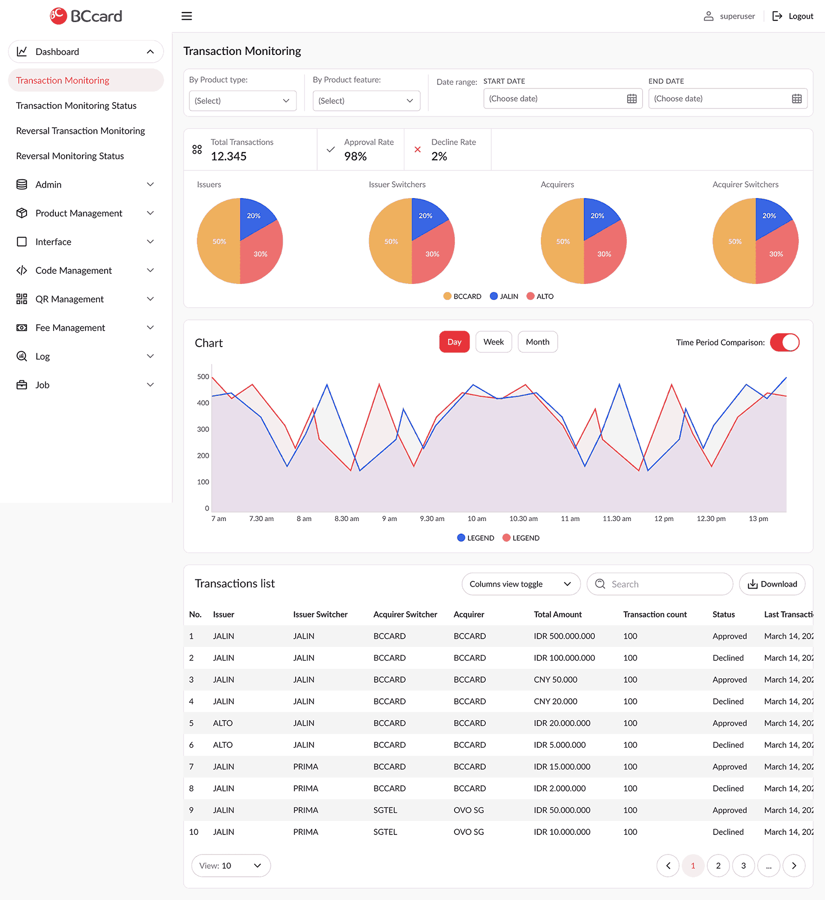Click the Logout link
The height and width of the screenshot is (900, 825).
tap(793, 16)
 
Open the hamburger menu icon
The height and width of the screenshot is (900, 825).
tap(187, 16)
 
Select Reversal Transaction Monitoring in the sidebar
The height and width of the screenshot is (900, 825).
tap(81, 131)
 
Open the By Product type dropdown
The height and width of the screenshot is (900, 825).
tap(242, 101)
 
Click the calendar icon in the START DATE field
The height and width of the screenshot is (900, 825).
tap(632, 99)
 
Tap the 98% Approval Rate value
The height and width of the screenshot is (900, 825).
tap(355, 156)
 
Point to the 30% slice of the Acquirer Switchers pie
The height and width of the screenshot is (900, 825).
tap(775, 254)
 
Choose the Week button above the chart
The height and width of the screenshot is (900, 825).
tap(493, 342)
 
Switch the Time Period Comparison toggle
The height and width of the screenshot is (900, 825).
tap(784, 342)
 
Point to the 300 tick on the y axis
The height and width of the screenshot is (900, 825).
tap(203, 429)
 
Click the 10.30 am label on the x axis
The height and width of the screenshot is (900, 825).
tap(523, 519)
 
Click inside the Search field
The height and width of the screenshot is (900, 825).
tap(666, 584)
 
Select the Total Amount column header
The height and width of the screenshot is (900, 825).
tap(557, 614)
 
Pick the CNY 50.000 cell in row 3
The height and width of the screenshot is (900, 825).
tap(555, 679)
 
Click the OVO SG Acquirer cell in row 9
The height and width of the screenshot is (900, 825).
tap(468, 810)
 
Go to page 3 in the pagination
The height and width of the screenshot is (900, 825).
tap(743, 865)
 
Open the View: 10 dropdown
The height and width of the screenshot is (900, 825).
tap(231, 865)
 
